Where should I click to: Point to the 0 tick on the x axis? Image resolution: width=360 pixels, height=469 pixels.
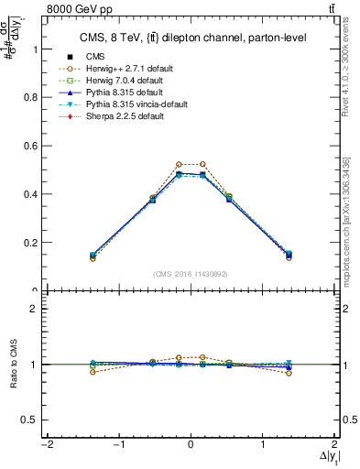pos(191,445)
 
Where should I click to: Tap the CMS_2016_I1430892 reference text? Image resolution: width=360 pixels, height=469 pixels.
pos(190,274)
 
